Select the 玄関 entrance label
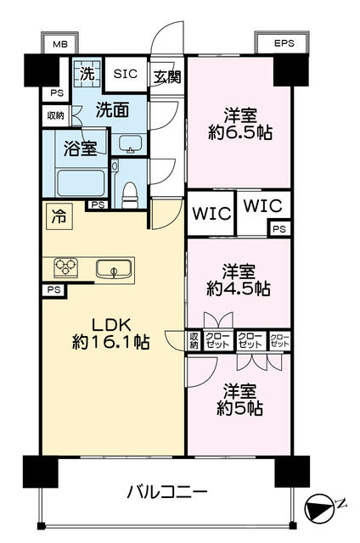[166, 76]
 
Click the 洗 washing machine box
[86, 74]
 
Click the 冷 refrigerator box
[59, 215]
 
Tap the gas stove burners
[66, 268]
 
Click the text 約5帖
[239, 408]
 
